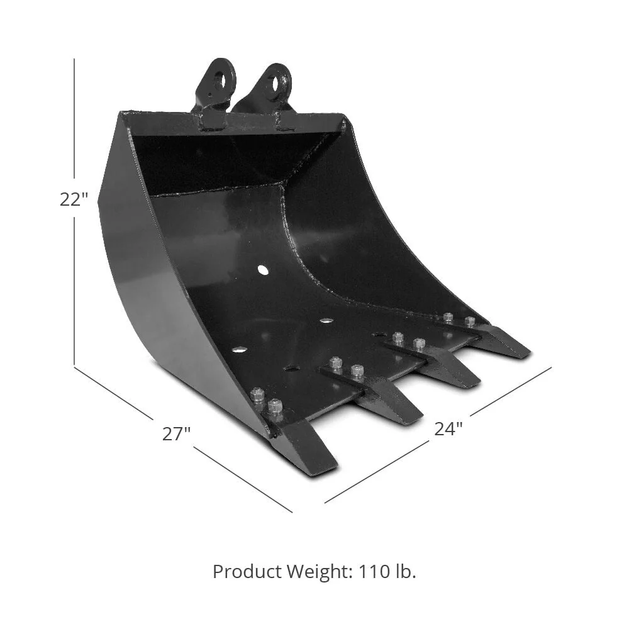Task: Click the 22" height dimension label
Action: pyautogui.click(x=74, y=199)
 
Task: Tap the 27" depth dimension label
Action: pyautogui.click(x=176, y=433)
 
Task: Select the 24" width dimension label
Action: pyautogui.click(x=448, y=429)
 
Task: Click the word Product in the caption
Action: pyautogui.click(x=247, y=572)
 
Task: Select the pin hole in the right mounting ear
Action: pyautogui.click(x=277, y=84)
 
